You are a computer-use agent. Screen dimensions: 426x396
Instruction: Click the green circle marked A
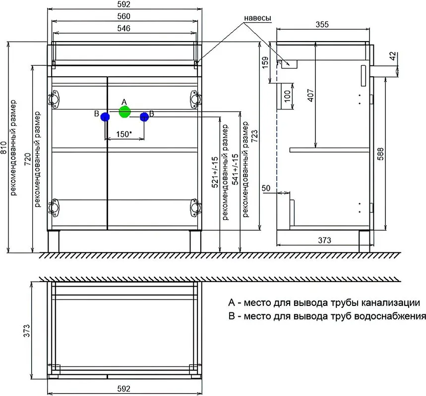click(x=124, y=112)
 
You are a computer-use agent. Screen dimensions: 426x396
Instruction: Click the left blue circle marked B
click(x=105, y=117)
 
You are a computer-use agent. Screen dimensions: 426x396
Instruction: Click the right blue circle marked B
click(x=144, y=117)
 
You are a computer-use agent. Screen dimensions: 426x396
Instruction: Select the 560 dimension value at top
click(x=124, y=16)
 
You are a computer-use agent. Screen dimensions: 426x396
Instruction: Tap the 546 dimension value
click(x=124, y=28)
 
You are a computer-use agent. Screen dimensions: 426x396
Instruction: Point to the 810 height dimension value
click(x=3, y=148)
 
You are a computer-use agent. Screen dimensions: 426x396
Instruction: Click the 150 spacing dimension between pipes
click(x=124, y=134)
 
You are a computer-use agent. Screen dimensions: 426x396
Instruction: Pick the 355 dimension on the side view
click(x=322, y=24)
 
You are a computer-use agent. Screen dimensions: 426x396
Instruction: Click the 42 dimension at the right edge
click(x=393, y=56)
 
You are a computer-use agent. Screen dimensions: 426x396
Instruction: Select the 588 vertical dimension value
click(x=381, y=154)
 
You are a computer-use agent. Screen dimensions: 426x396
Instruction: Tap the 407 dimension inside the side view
click(x=311, y=95)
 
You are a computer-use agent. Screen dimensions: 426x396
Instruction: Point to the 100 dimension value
click(x=287, y=96)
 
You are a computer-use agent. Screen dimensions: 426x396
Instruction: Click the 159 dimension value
click(x=265, y=62)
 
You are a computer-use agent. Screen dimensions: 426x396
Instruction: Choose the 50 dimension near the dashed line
click(x=266, y=188)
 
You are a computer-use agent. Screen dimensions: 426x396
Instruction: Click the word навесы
click(x=257, y=18)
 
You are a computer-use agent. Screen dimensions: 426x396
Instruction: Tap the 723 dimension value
click(x=254, y=137)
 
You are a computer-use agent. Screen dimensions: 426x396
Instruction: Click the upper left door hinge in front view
click(x=54, y=99)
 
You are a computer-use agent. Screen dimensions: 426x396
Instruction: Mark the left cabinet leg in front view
click(x=54, y=242)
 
